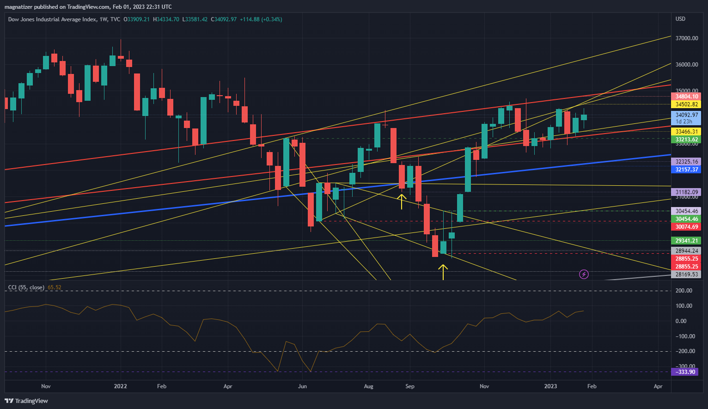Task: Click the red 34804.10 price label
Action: (x=686, y=97)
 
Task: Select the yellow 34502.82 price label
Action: (x=686, y=104)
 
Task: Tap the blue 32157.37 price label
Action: (x=686, y=170)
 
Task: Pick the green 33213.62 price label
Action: (x=686, y=140)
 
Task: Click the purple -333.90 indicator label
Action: (x=685, y=372)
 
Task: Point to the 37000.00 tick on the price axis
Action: (x=686, y=38)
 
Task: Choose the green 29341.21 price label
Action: (x=686, y=241)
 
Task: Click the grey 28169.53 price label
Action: (x=686, y=275)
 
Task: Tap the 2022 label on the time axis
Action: (x=120, y=386)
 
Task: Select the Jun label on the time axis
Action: (x=302, y=386)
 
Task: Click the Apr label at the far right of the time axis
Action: (x=658, y=386)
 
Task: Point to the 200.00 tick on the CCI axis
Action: (x=684, y=291)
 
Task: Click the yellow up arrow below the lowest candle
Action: (x=443, y=272)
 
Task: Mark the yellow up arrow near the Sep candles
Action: (x=402, y=201)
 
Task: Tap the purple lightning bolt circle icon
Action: (x=584, y=275)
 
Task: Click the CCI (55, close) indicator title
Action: (x=26, y=287)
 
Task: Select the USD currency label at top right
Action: (x=680, y=19)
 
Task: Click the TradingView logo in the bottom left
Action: (x=27, y=401)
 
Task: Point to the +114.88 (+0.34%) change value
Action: (x=261, y=19)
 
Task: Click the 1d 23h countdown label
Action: (x=684, y=122)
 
